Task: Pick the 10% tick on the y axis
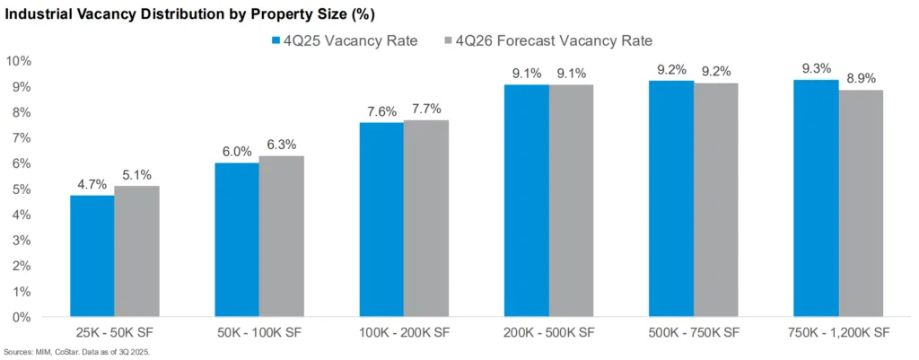[x=19, y=61]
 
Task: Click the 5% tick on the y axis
[x=22, y=189]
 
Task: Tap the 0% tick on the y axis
[x=22, y=318]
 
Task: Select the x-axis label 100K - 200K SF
[x=404, y=333]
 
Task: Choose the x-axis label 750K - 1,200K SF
[x=838, y=333]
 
